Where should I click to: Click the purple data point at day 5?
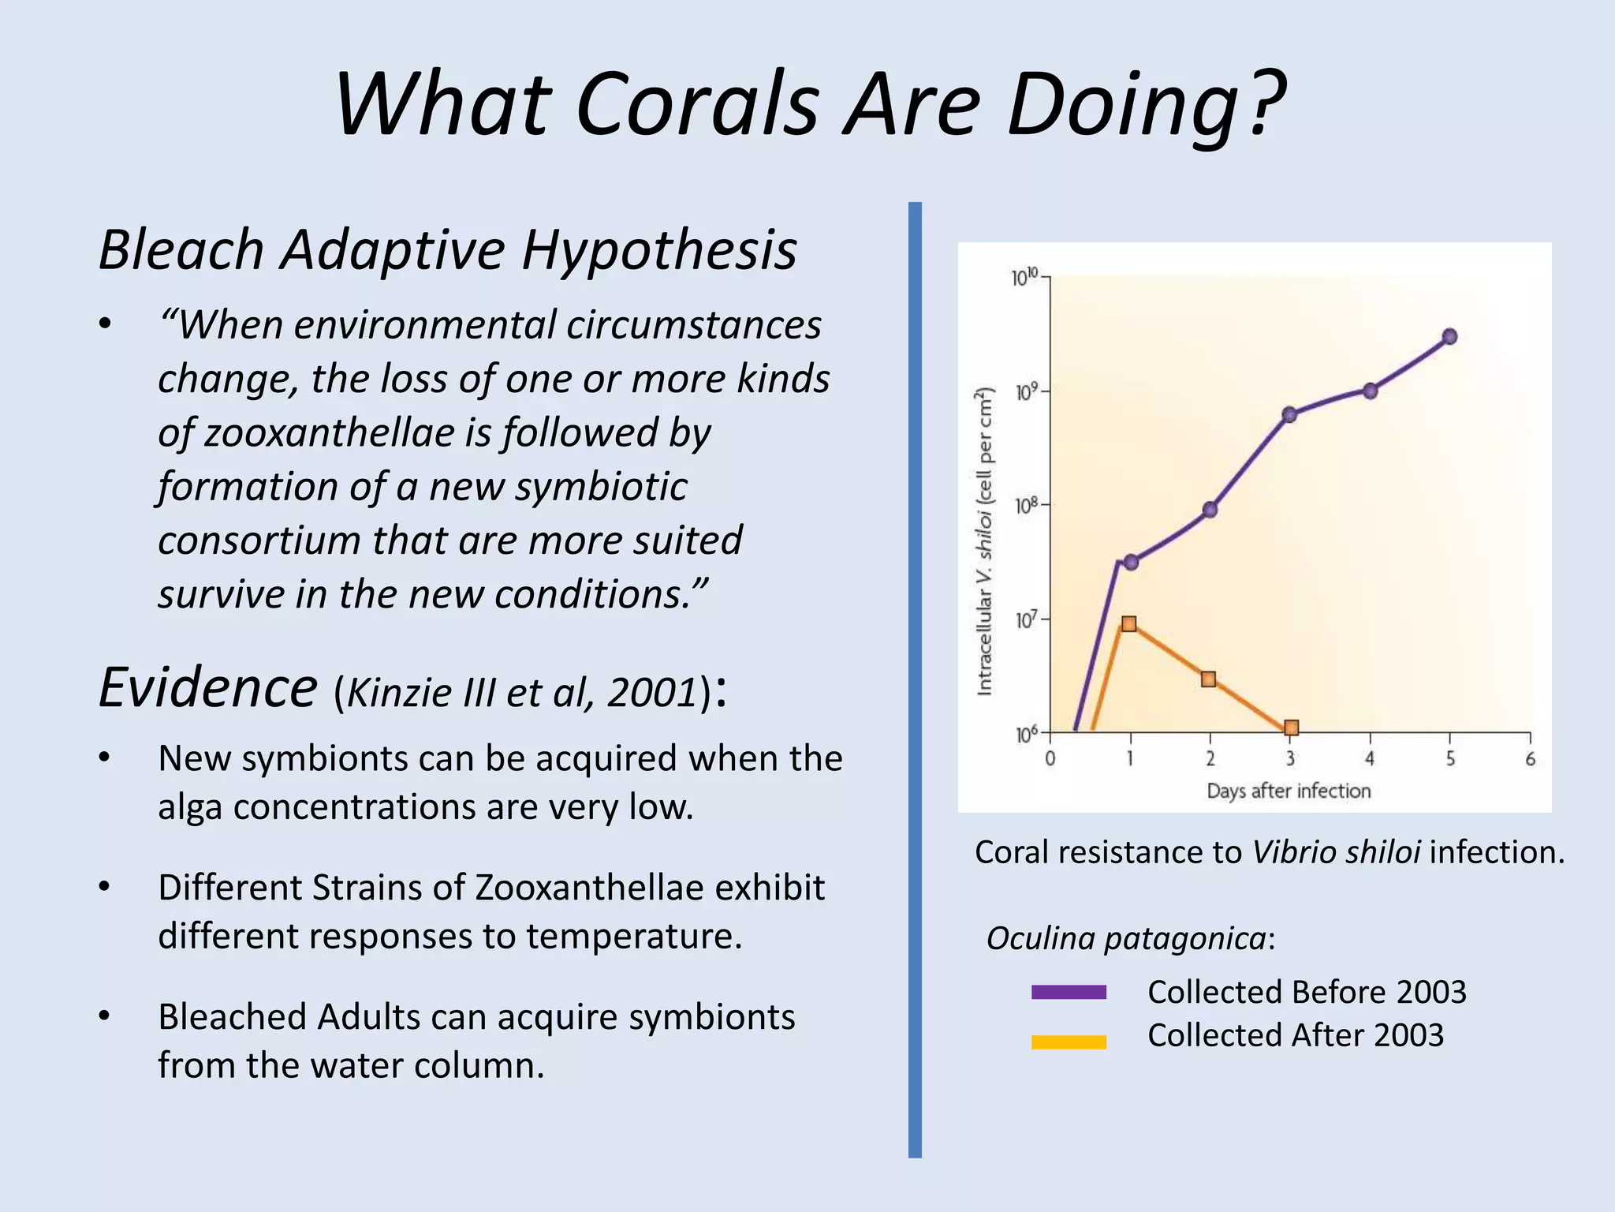(1449, 337)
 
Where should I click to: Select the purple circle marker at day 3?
(1289, 415)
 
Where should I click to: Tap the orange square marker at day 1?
(1128, 624)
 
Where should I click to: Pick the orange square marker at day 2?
(1209, 679)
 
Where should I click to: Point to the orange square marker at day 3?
(1291, 728)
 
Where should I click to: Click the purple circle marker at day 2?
(1210, 510)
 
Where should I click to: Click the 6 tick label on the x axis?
(1530, 759)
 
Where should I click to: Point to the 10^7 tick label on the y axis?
(1024, 620)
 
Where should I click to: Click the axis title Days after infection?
(1289, 791)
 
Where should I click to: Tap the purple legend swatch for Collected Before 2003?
(1069, 993)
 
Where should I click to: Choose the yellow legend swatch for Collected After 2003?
(1069, 1042)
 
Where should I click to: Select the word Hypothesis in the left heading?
(659, 251)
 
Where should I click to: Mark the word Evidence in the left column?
(208, 688)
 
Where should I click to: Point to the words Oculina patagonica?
(1126, 939)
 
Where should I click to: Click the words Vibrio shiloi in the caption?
(1336, 852)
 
